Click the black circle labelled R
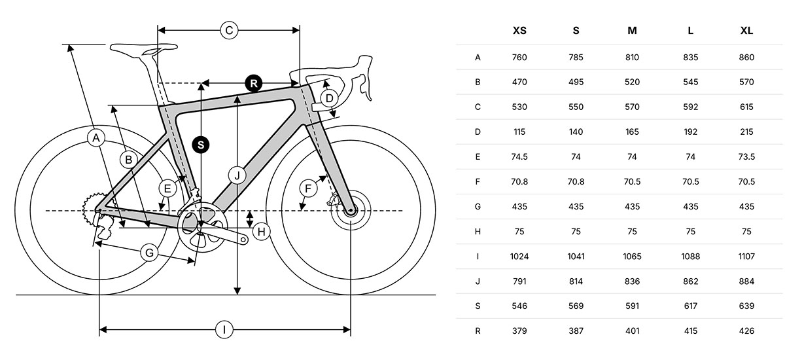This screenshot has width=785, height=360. coord(254,83)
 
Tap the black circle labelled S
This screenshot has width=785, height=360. coord(201,145)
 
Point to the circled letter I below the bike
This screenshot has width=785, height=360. coord(224,330)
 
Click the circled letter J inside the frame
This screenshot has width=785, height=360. coord(237,175)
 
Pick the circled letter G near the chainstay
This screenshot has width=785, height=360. coord(149,252)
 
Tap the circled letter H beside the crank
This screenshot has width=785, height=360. coord(261,231)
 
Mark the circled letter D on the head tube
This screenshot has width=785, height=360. coord(330,98)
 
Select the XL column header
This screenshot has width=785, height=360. coord(746,31)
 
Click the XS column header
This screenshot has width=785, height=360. coord(519,31)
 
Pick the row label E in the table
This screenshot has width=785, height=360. coord(478,156)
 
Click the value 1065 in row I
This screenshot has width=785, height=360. coord(633,256)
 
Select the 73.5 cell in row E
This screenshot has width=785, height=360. coord(746,156)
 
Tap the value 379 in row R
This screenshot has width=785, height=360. coord(519,331)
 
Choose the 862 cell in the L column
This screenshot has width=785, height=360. coord(690,281)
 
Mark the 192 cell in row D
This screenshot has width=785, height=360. coord(690,132)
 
